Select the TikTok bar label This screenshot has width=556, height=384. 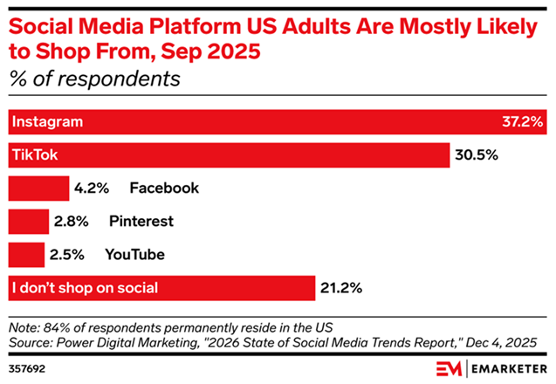coord(34,155)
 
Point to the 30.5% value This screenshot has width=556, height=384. coord(476,155)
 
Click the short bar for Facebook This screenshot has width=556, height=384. coord(38,188)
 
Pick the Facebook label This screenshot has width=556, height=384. coord(164,188)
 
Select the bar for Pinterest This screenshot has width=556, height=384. coord(29,221)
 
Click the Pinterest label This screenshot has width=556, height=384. coord(141,221)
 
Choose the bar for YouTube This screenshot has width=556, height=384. coord(26,254)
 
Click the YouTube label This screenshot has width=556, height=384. coord(134,254)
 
